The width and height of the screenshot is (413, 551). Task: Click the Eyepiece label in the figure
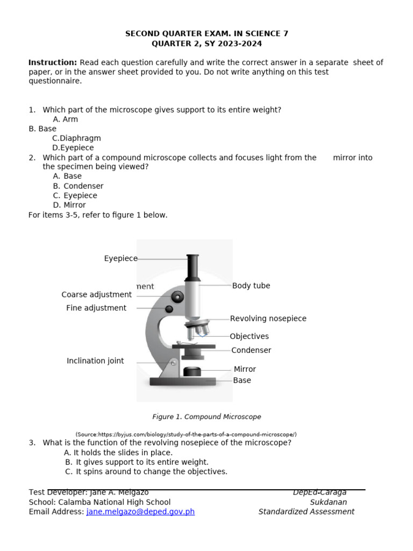click(x=120, y=259)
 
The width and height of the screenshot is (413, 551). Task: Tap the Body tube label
click(x=251, y=286)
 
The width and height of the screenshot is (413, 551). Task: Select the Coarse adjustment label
click(x=96, y=295)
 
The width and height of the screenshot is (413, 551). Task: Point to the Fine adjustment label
click(x=96, y=308)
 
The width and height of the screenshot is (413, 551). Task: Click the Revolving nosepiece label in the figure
click(x=268, y=319)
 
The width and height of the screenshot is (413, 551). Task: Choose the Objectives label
click(x=249, y=336)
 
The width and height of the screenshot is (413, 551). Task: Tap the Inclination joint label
click(x=95, y=361)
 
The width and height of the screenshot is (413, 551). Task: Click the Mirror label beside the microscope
click(x=245, y=369)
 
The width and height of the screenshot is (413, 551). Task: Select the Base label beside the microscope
click(x=242, y=380)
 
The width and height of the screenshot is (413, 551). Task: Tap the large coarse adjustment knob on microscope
click(x=177, y=296)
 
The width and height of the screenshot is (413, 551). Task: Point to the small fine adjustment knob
click(x=169, y=309)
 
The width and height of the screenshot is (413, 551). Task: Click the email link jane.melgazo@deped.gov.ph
click(x=140, y=512)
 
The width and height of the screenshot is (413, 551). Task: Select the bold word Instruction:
click(x=53, y=62)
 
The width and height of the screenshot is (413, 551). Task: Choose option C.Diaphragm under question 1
click(x=76, y=138)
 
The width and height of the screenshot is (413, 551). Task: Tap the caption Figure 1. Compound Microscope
click(x=206, y=417)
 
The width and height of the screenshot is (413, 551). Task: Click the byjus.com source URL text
click(x=186, y=434)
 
